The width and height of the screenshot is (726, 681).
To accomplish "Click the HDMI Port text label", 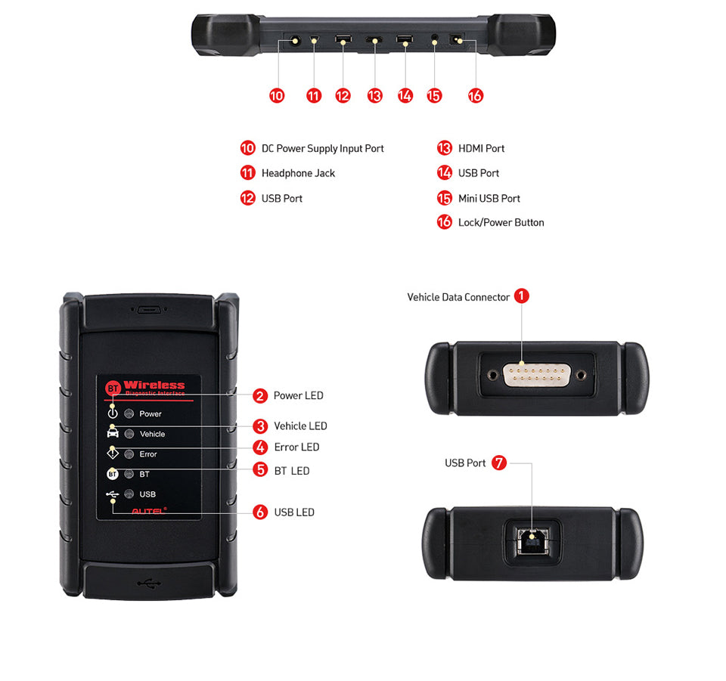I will point(481,149).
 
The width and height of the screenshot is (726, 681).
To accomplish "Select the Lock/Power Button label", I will point(501,222).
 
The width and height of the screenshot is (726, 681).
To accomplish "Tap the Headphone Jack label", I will point(298,173).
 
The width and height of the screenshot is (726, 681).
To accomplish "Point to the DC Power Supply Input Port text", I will point(322,149).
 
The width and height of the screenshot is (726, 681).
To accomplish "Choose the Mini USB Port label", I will point(489,198).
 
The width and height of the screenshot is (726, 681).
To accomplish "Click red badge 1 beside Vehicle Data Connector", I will point(522,296).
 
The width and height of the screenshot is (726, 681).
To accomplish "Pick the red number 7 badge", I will point(499,463).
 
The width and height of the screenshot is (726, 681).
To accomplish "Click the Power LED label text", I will point(298,395).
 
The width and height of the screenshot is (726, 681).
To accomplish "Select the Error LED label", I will point(296,447).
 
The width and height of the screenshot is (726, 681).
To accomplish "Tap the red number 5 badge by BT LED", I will point(261,470).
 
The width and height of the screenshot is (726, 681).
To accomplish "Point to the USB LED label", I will point(294,512).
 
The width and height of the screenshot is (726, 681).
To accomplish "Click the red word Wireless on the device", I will point(154,385).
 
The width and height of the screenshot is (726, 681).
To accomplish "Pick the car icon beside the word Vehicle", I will point(113,433).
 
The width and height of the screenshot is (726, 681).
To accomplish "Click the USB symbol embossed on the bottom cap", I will point(149,583).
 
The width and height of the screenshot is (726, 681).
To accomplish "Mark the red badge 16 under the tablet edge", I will point(475,95).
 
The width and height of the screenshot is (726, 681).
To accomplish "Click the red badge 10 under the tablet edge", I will point(277,95).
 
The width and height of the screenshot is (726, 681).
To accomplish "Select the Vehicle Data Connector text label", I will point(458,297).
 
